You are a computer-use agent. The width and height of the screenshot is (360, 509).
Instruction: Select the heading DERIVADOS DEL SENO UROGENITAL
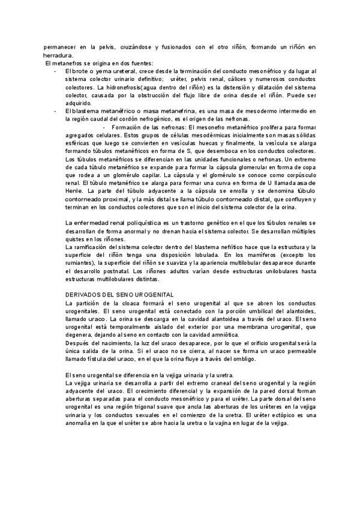coord(119,295)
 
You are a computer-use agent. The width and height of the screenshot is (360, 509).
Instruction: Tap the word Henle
coord(74,190)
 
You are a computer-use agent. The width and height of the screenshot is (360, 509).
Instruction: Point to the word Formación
coord(126,128)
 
